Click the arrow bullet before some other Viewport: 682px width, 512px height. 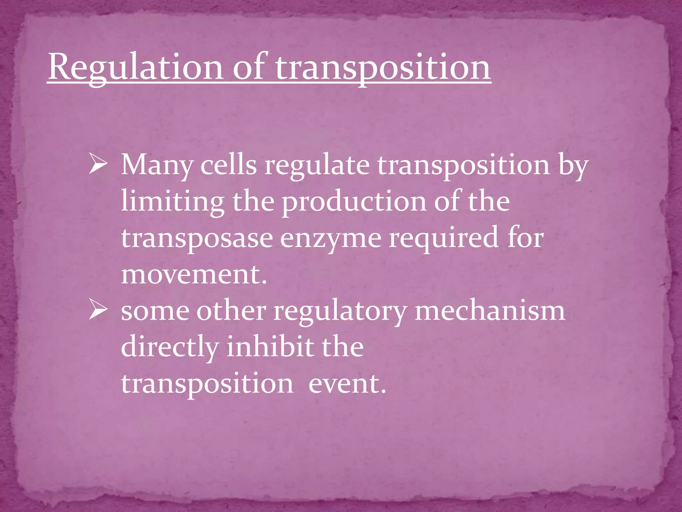(98, 311)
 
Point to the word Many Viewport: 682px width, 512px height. (157, 166)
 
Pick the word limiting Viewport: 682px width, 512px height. (172, 202)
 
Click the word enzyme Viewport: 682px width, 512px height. (331, 239)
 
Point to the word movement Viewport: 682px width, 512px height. (194, 275)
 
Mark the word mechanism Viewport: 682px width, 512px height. (490, 311)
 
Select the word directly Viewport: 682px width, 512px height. (170, 347)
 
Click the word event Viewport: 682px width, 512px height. (347, 384)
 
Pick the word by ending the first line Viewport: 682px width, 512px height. (573, 166)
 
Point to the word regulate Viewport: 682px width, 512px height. (317, 166)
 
